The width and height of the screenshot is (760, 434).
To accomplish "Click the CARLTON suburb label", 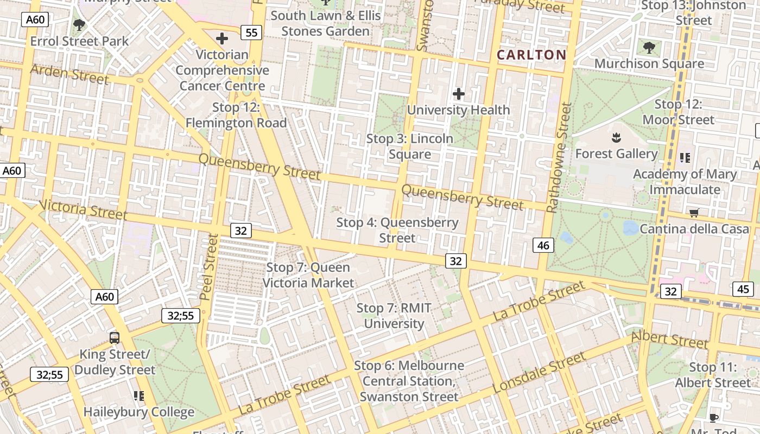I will coord(531,54).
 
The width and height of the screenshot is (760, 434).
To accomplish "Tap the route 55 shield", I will coord(251,33).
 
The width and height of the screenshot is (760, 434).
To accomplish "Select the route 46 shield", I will coord(543,245).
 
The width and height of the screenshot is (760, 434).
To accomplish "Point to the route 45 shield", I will coord(743,289).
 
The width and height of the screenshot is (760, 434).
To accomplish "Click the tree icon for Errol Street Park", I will coord(79,24).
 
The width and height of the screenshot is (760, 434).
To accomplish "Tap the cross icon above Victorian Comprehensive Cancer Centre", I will coord(221,39).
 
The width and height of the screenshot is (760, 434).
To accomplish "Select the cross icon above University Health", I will coord(459,94).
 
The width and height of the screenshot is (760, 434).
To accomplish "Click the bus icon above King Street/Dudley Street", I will coord(115,337).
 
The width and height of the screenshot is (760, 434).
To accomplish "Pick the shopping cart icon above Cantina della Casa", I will coord(694,213).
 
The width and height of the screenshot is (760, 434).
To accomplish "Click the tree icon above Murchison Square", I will coord(649,47).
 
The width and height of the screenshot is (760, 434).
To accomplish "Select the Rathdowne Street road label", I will coord(560,158).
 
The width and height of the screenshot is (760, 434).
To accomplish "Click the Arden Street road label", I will coord(69,74).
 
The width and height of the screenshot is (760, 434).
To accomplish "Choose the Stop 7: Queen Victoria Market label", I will coord(308,275).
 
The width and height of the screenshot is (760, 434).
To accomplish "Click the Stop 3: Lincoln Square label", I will coord(410,146).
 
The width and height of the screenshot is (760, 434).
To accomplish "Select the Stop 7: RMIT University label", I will coord(394,316).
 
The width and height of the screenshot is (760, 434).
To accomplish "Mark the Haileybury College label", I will coord(139,412).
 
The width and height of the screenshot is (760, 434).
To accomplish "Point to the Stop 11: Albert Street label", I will coord(705,375).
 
